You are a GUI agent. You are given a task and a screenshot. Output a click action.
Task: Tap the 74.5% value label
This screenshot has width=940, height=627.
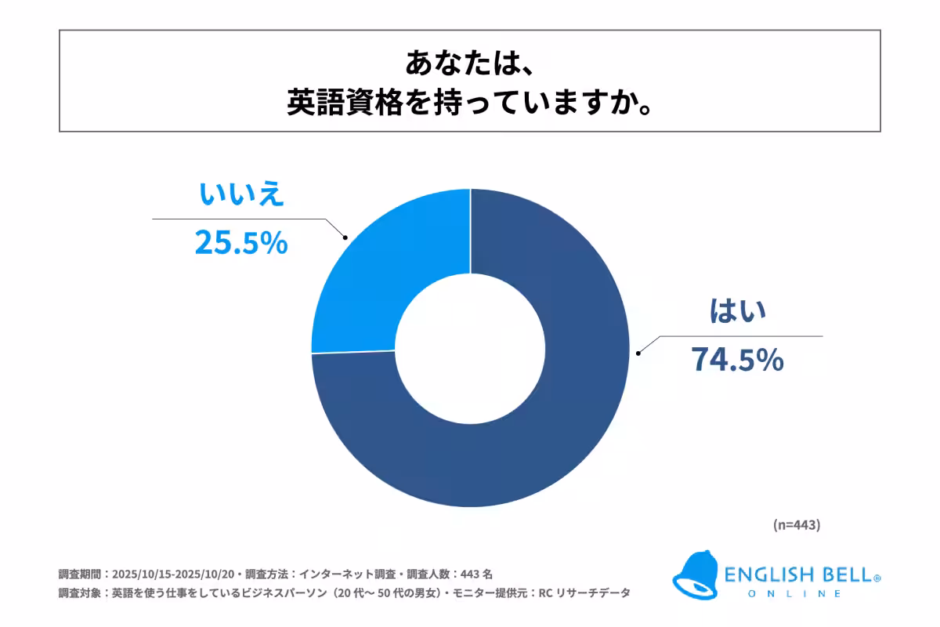736,360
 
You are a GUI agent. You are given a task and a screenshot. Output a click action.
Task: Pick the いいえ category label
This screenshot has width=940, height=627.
239,196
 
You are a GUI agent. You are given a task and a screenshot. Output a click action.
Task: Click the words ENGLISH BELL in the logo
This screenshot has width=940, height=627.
798,576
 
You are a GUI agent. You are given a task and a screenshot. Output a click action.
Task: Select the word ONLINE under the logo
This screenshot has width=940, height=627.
794,594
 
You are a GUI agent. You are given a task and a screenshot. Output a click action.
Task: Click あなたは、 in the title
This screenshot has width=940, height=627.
470,63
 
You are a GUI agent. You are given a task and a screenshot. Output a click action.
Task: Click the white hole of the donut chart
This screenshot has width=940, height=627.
470,347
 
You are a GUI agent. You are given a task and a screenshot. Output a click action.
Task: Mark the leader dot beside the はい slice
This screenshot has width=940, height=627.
640,353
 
